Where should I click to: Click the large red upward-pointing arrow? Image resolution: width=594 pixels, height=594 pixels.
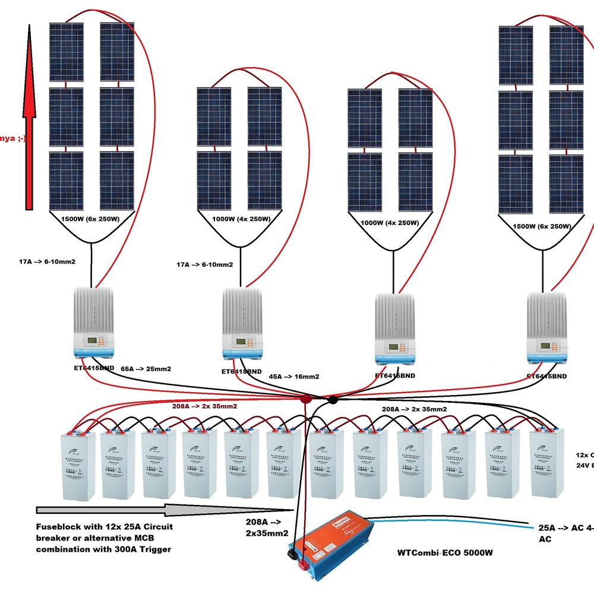pyautogui.click(x=29, y=119)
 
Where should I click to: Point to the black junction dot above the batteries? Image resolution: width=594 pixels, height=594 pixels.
pyautogui.click(x=333, y=400)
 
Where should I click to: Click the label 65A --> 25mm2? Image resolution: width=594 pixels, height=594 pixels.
pyautogui.click(x=146, y=369)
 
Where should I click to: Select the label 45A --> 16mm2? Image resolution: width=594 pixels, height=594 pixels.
pyautogui.click(x=294, y=376)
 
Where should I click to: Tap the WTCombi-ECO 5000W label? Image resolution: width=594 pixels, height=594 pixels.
pyautogui.click(x=447, y=552)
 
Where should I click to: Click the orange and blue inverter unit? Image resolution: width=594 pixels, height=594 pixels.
pyautogui.click(x=333, y=546)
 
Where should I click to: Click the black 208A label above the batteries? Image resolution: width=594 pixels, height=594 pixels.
pyautogui.click(x=414, y=409)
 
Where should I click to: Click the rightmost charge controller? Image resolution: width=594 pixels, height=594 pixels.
pyautogui.click(x=546, y=330)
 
